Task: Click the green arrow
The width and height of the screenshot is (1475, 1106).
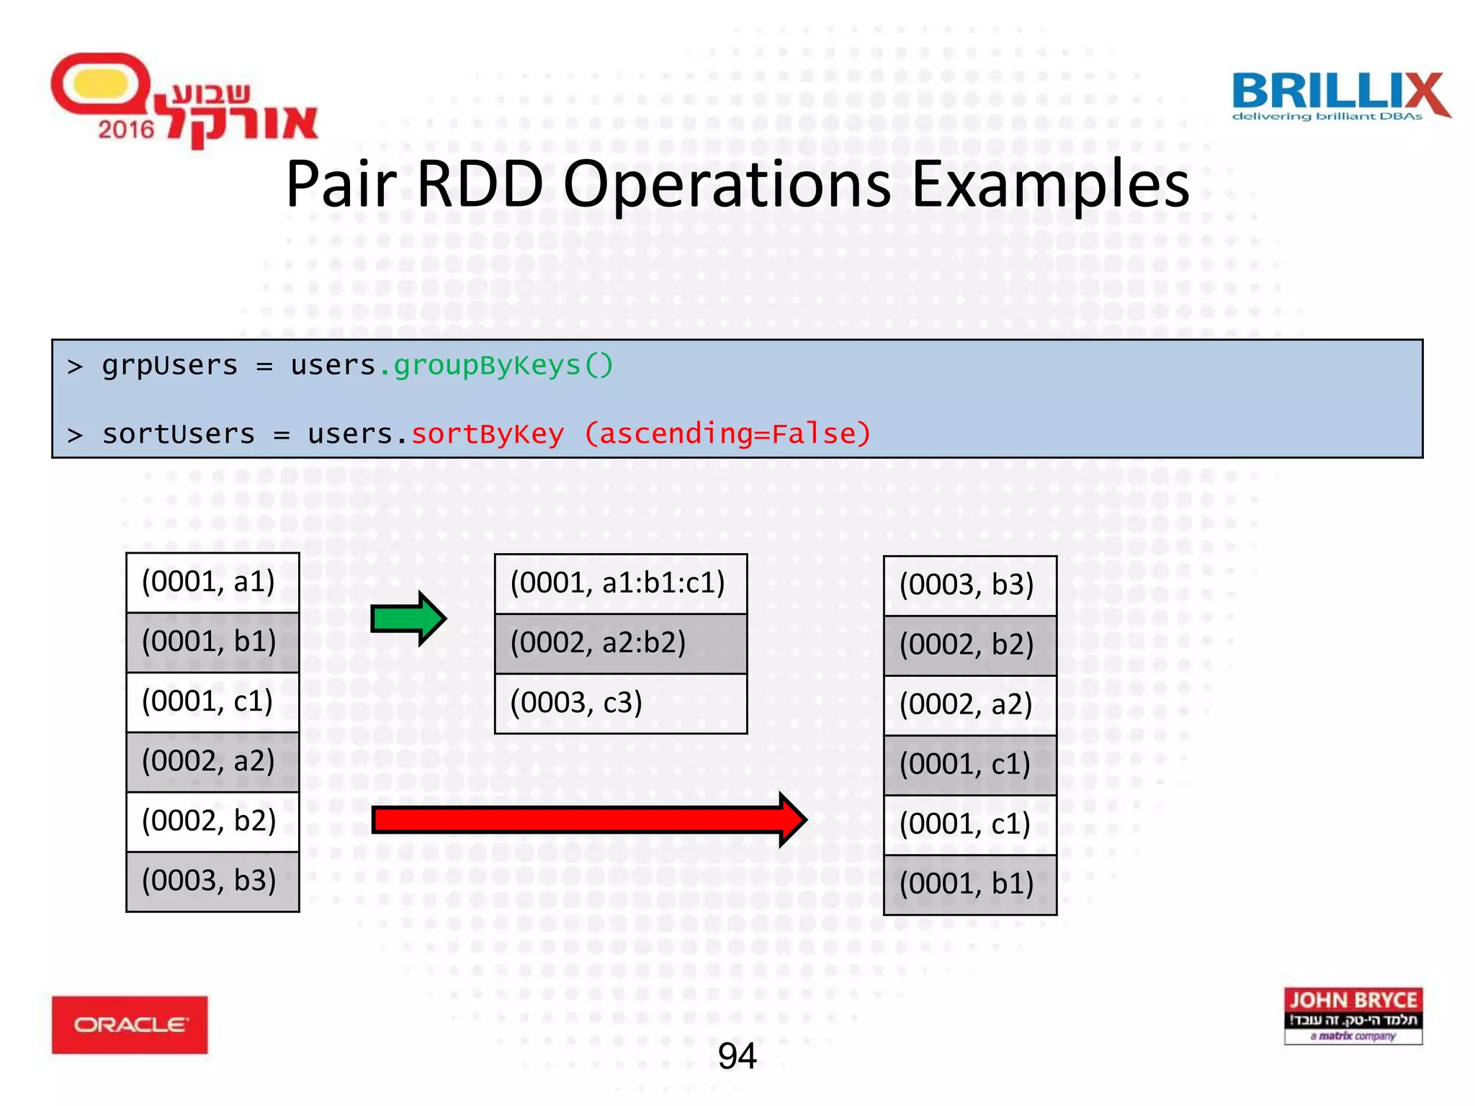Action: point(408,619)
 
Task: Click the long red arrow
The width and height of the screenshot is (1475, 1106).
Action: point(588,819)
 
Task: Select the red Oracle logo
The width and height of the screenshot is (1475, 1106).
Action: point(130,1025)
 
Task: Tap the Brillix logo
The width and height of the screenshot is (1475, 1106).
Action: point(1340,96)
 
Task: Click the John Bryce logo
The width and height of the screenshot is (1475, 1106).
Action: point(1353,1015)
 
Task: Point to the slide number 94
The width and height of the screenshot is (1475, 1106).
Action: point(737,1056)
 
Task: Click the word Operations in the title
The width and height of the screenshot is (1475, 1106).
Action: point(727,185)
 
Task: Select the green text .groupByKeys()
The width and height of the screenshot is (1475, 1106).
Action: point(496,366)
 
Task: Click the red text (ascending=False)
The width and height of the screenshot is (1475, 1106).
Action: point(727,434)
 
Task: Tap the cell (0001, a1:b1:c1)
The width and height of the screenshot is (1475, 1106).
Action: point(620,583)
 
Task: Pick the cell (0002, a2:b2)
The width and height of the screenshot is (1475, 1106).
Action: point(620,643)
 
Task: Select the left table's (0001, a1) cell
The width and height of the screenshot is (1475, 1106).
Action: point(212,583)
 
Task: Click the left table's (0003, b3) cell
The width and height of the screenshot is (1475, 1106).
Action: point(212,881)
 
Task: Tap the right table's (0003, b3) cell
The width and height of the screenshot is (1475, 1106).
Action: point(969,585)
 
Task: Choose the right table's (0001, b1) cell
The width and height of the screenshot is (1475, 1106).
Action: point(969,884)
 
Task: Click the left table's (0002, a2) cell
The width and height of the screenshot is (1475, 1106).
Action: point(212,762)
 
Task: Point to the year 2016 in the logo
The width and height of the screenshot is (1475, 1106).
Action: point(126,130)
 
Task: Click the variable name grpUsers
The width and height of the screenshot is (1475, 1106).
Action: point(169,366)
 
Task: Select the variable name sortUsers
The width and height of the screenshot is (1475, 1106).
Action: point(179,434)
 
